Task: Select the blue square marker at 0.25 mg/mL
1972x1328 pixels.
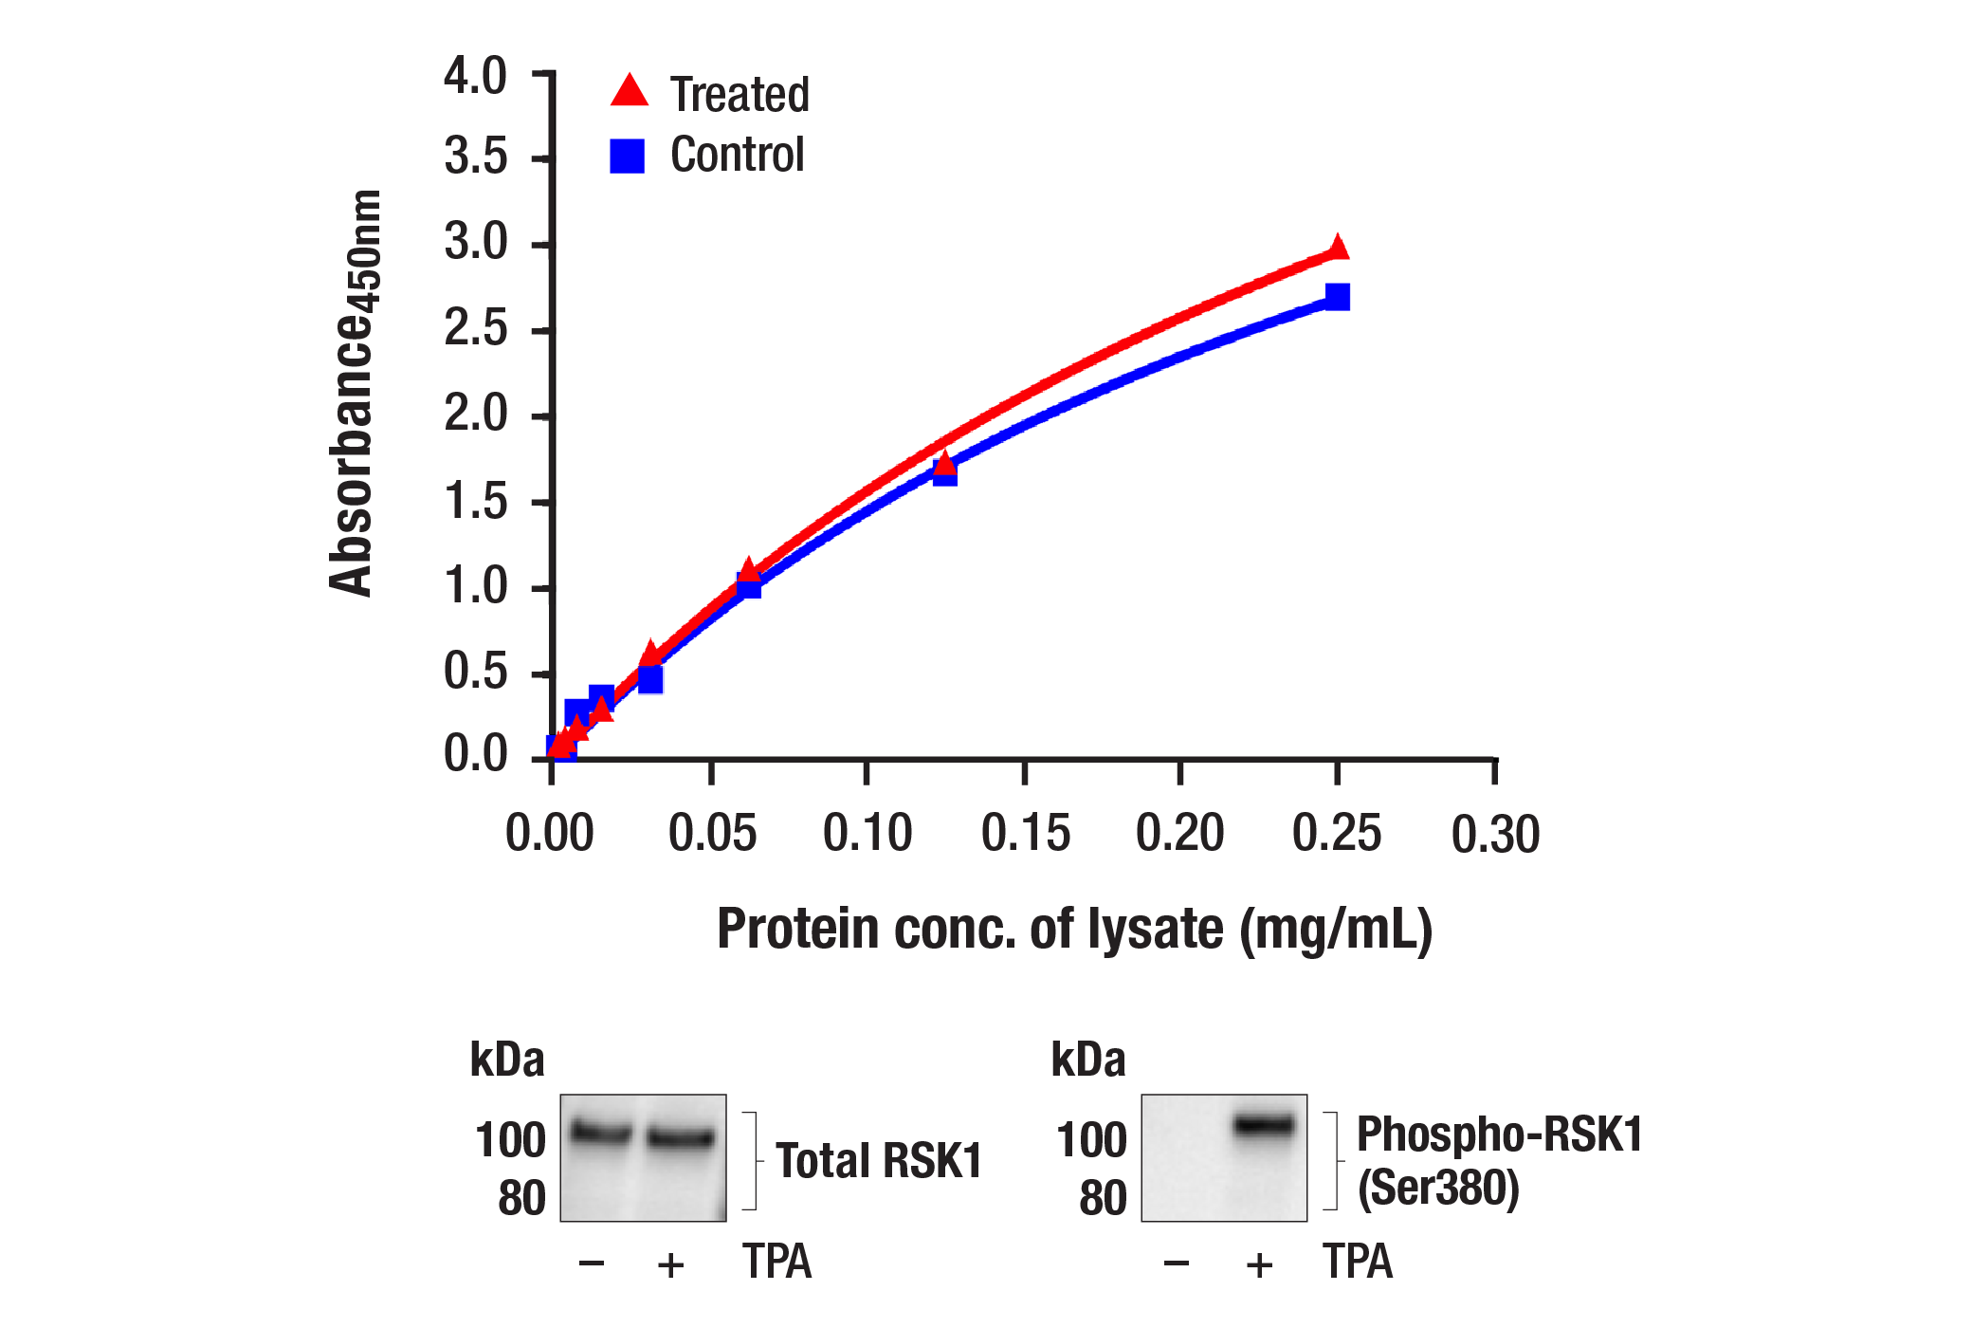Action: pos(1337,297)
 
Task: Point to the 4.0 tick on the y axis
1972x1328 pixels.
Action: pos(475,77)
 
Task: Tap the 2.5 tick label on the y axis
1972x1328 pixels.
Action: pos(475,329)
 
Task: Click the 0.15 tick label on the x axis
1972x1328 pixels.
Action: pos(1025,834)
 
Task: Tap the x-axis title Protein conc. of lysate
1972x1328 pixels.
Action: pos(1073,929)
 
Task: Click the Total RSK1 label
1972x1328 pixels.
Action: pos(878,1161)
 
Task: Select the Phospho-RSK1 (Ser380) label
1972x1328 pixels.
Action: pos(1498,1161)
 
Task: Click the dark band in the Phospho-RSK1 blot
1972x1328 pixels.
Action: pos(1264,1126)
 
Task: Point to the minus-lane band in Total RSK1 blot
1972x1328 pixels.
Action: pos(601,1132)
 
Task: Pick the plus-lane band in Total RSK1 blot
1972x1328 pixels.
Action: pos(680,1137)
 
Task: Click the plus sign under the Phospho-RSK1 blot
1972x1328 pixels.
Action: pos(1259,1264)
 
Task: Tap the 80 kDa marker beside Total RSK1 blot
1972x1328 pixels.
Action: pos(521,1198)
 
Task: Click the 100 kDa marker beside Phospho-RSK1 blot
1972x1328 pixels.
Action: pos(1091,1139)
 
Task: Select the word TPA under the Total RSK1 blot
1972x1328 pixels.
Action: pos(776,1263)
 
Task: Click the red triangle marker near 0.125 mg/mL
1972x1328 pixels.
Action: pos(944,464)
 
